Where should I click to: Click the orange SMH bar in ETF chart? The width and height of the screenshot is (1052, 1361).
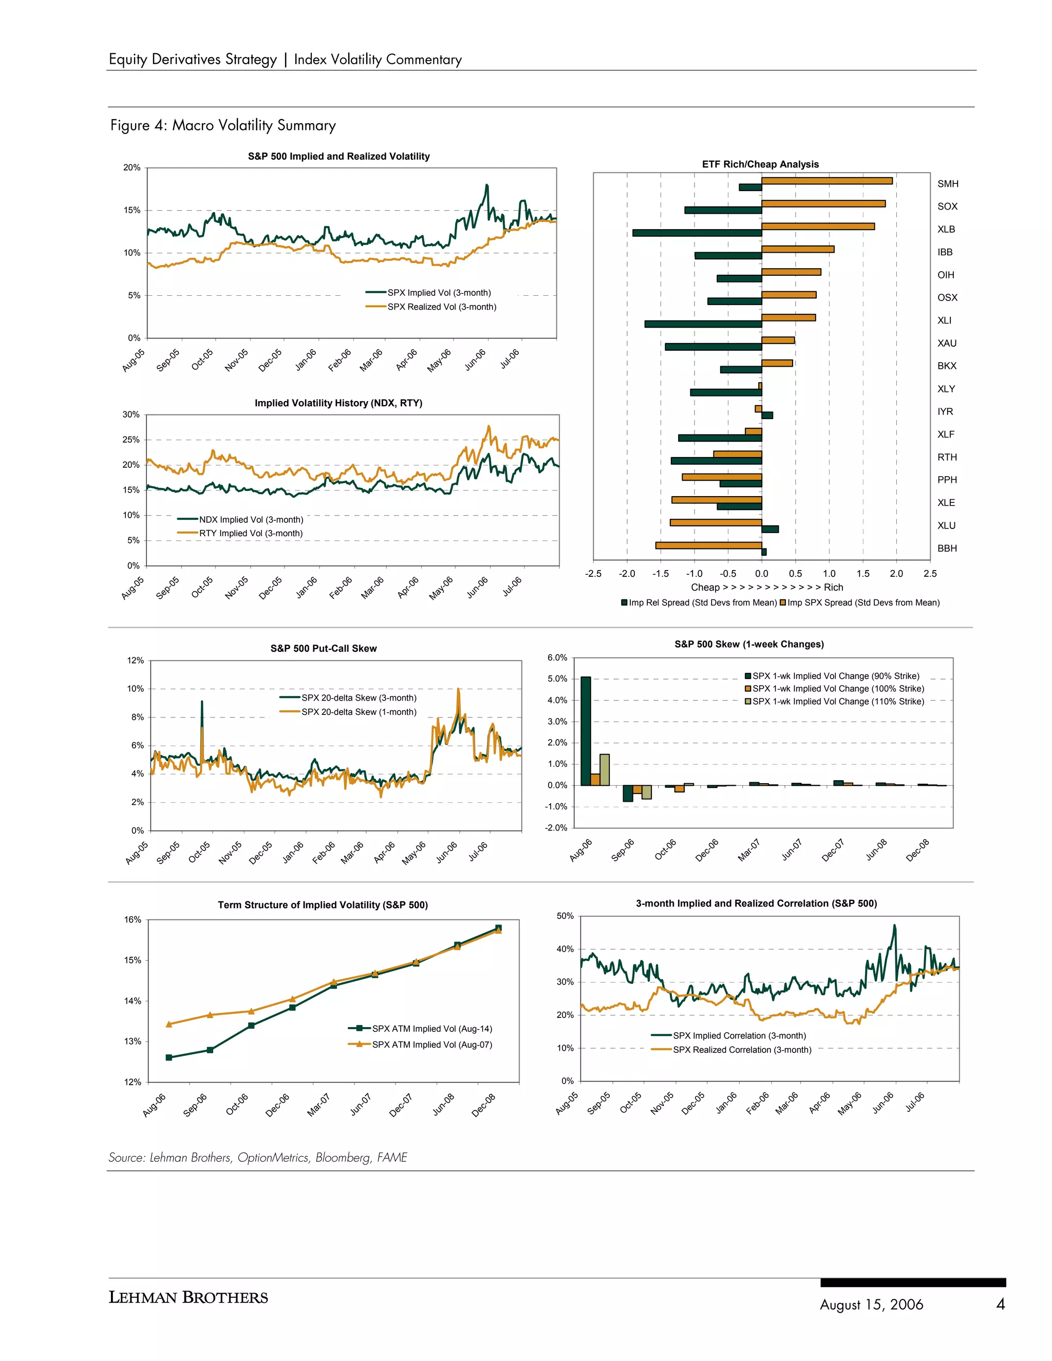(x=826, y=181)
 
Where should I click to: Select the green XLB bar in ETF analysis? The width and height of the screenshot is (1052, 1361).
(x=697, y=233)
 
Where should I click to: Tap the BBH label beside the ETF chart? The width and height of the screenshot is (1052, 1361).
(x=947, y=549)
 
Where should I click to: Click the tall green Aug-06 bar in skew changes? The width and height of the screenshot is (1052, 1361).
(x=585, y=730)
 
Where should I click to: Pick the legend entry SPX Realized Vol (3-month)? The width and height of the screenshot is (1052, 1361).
(x=441, y=307)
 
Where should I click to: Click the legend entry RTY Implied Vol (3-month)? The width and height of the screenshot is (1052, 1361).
(x=251, y=534)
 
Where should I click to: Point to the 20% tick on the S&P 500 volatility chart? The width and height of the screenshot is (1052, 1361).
(x=131, y=167)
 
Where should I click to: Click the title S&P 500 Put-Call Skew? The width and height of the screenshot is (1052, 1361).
(x=324, y=648)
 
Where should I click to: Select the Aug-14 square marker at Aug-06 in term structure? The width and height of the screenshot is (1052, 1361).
(x=169, y=1057)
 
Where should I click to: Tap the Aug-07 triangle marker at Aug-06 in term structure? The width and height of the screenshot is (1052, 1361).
(x=169, y=1024)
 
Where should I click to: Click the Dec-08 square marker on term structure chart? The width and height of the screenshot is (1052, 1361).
(x=498, y=928)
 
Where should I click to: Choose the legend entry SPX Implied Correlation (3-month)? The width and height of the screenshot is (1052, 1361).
(x=739, y=1036)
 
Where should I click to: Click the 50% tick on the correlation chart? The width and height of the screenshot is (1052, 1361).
(x=565, y=916)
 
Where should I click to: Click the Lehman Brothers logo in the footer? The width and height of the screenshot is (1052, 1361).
(x=188, y=1297)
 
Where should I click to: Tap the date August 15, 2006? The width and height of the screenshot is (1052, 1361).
(x=871, y=1305)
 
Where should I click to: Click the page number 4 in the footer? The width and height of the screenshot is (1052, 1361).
(x=1000, y=1303)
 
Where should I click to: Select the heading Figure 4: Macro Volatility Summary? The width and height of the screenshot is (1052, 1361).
(x=223, y=125)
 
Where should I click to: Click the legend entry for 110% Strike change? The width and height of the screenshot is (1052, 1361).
(x=838, y=702)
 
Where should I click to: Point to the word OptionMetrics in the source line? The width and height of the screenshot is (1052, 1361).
(x=273, y=1157)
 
